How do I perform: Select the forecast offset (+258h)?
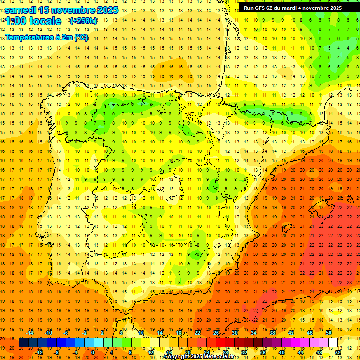pyautogui.click(x=83, y=21)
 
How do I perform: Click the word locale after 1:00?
pyautogui.click(x=45, y=21)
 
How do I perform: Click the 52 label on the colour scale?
pyautogui.click(x=338, y=352)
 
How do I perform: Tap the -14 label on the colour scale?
pyautogui.click(x=30, y=333)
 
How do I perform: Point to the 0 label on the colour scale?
pyautogui.click(x=93, y=352)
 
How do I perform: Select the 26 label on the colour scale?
pyautogui.click(x=216, y=333)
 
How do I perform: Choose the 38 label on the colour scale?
pyautogui.click(x=272, y=333)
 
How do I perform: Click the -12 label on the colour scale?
pyautogui.click(x=39, y=352)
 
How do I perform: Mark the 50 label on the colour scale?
pyautogui.click(x=329, y=333)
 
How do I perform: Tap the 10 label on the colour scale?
pyautogui.click(x=141, y=333)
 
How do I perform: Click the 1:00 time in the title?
pyautogui.click(x=15, y=21)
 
